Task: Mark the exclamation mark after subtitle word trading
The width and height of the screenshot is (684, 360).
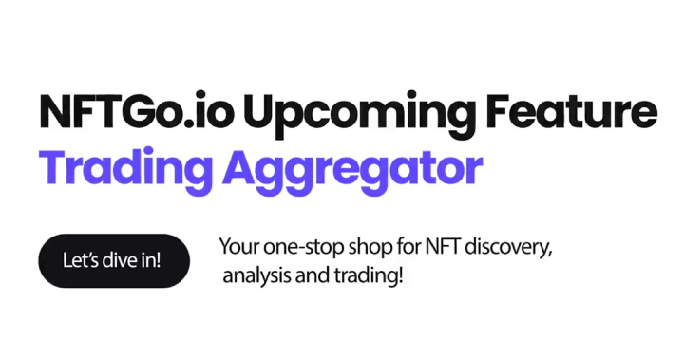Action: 400,276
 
